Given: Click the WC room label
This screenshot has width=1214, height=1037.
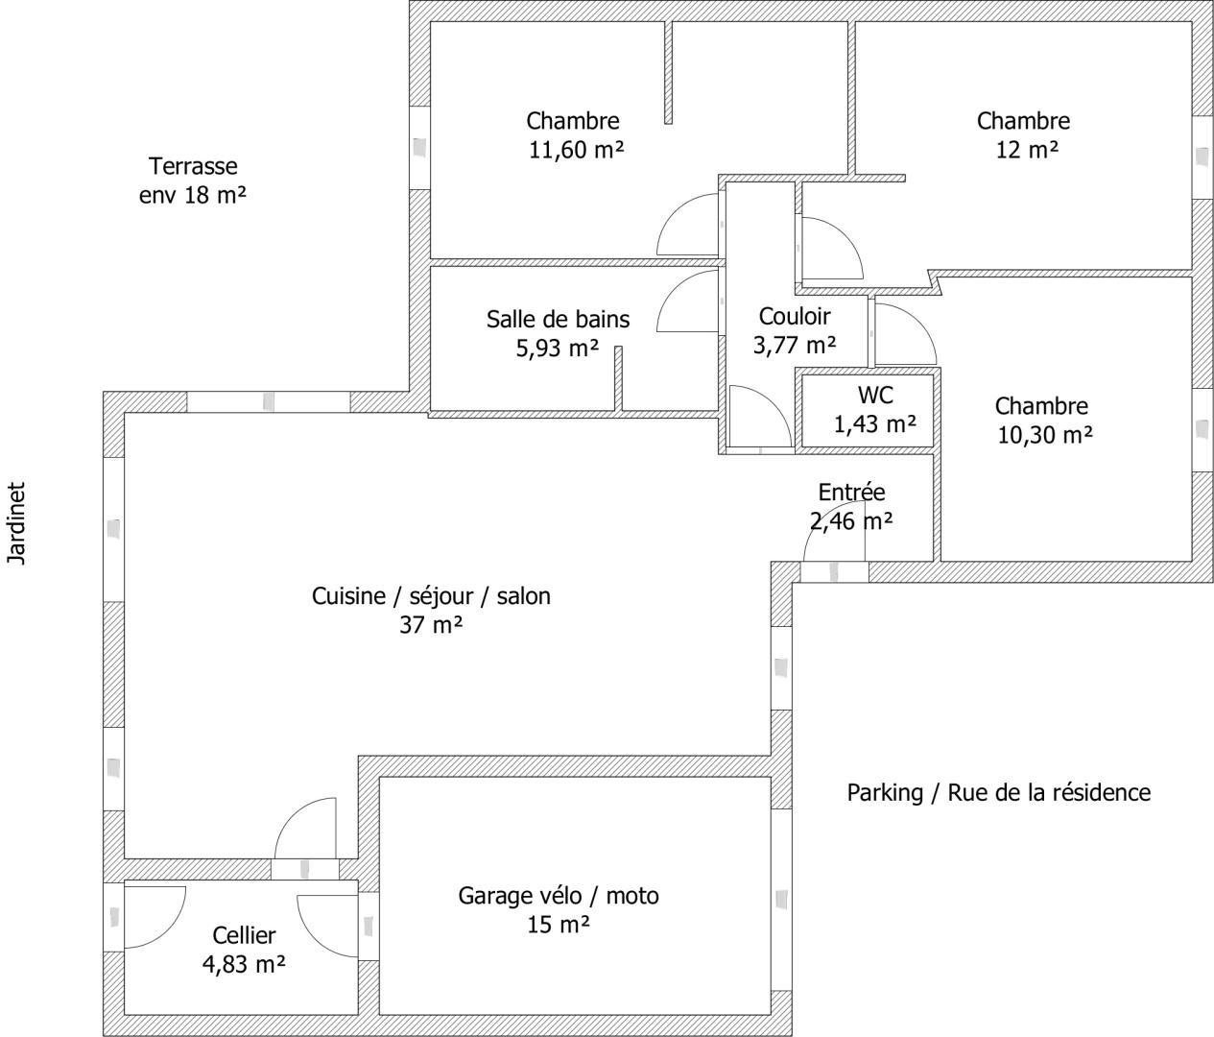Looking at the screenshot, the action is coord(875,409).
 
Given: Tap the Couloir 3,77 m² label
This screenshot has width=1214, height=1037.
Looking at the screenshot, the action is coord(795,330).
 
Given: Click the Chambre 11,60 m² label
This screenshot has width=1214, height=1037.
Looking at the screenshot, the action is coord(575,135).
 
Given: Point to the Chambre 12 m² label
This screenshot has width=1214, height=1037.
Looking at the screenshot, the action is coord(1024,135).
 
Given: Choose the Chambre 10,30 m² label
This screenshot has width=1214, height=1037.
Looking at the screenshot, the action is coord(1044,421).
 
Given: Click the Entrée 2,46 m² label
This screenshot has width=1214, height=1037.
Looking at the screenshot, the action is coord(851,506).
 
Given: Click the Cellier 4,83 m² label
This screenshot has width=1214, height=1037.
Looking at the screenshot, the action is coord(244,949).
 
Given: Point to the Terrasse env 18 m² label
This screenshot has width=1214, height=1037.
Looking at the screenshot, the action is coord(193,181).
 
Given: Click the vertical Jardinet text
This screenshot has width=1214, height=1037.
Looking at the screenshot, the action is coord(16,523).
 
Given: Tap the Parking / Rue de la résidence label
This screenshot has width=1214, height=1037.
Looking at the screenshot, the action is coord(998,792).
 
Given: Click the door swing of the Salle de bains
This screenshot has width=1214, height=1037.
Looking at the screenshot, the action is coord(676,287).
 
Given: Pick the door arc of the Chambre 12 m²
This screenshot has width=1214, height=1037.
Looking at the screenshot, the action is coord(845,234).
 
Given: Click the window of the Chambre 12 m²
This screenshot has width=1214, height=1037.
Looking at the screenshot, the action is coord(1202,157).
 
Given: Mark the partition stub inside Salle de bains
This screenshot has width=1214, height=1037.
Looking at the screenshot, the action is coord(618,378).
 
